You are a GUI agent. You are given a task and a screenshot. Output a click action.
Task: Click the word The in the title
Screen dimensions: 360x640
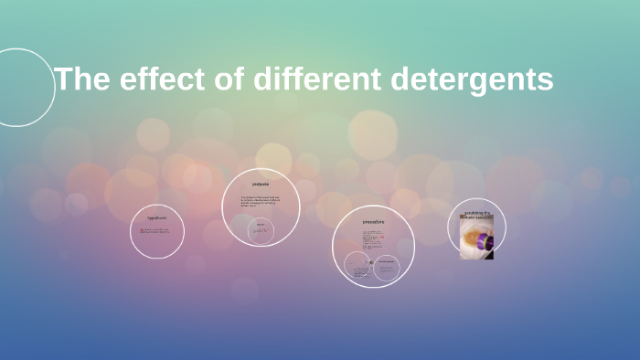(83, 79)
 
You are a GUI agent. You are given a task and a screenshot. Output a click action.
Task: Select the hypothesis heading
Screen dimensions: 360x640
(157, 218)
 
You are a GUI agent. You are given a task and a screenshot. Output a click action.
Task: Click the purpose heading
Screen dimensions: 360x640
(261, 184)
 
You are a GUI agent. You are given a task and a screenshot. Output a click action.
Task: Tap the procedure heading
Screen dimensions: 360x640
(373, 222)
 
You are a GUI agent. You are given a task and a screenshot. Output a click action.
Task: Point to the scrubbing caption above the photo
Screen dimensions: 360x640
(477, 216)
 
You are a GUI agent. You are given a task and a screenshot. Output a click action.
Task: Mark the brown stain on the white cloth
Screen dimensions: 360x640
(473, 239)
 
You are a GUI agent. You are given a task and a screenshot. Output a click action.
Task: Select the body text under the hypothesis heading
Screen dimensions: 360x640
(157, 231)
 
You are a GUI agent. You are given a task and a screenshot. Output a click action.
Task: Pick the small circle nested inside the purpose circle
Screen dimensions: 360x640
(261, 229)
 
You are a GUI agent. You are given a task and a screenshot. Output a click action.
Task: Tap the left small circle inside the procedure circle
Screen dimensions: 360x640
(357, 266)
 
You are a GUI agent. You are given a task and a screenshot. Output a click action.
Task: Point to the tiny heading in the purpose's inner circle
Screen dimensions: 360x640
(261, 223)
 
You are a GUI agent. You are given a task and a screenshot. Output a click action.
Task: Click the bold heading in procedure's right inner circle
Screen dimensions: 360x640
(387, 260)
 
